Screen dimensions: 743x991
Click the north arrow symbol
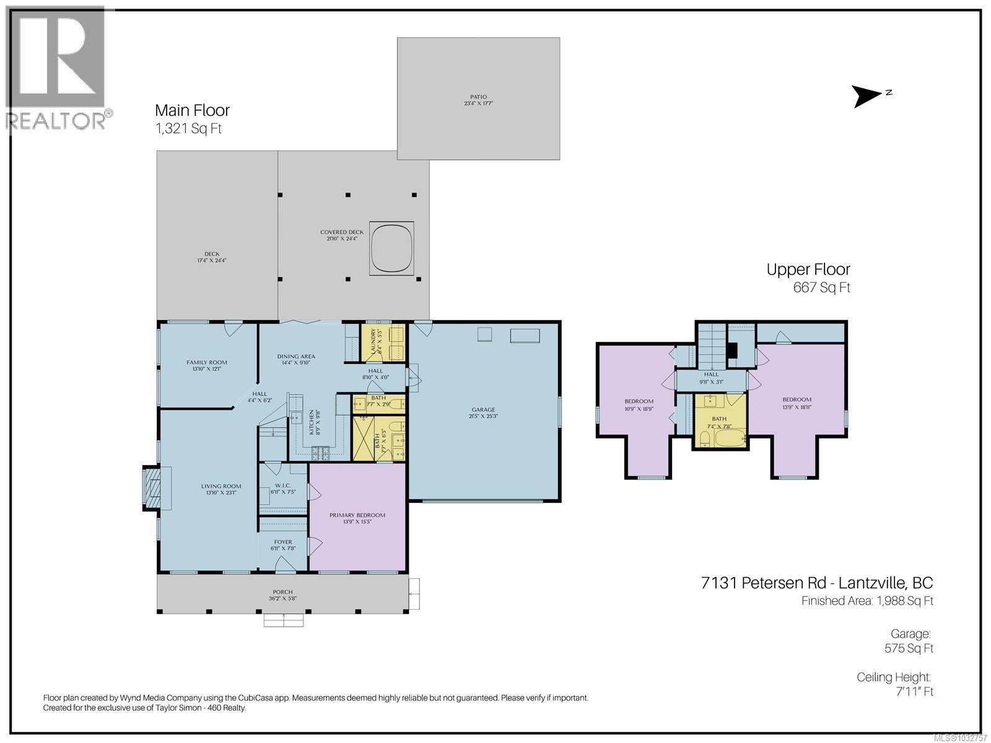(867, 96)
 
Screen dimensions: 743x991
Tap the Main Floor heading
(192, 111)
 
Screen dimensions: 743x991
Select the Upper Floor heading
(808, 269)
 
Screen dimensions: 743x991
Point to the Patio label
(478, 97)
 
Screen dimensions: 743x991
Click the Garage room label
(483, 410)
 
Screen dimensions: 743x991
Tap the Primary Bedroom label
(357, 515)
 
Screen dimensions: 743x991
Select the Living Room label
(220, 487)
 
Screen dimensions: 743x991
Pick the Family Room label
(207, 363)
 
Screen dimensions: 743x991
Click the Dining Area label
(296, 357)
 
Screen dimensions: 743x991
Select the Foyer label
(282, 542)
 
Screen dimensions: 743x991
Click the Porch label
(282, 593)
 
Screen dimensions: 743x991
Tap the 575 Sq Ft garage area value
(909, 648)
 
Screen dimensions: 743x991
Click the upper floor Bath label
(718, 419)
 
